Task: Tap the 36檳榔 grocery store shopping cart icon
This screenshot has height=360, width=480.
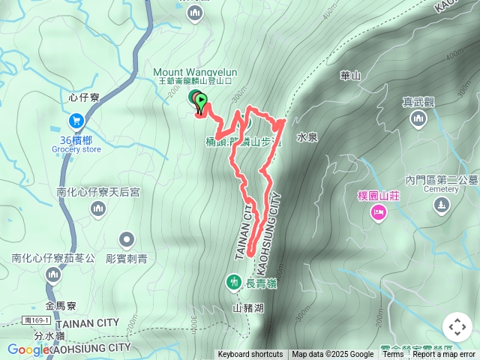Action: coord(76,120)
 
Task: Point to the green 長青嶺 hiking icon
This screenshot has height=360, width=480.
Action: coord(233,282)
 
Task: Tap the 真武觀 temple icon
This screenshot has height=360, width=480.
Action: coord(418,119)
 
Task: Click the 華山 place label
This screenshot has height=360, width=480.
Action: coord(350,76)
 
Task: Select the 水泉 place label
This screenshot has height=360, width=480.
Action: coord(307,137)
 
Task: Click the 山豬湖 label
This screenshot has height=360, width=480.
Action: coord(248,307)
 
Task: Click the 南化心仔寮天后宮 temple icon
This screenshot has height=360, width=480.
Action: coord(97,211)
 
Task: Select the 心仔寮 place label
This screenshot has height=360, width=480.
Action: coord(83,97)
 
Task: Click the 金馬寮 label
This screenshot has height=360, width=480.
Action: coord(61,306)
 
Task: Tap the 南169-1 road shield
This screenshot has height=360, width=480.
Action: coord(31,320)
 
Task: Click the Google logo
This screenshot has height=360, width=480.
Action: coord(28,349)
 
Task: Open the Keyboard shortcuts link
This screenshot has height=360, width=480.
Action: coord(250,355)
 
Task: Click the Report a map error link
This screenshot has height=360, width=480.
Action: coord(444,355)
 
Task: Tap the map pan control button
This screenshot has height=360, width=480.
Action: coord(457,327)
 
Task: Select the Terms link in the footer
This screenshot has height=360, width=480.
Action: coord(393,355)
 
